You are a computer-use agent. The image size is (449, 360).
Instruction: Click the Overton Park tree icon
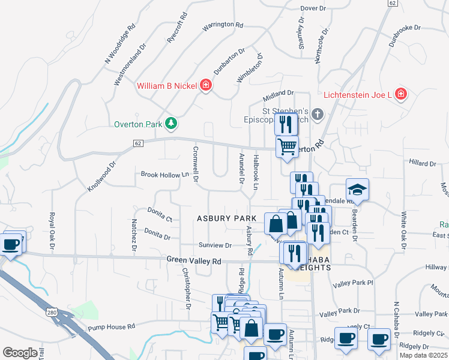(172, 124)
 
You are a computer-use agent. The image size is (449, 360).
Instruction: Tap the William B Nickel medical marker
(206, 86)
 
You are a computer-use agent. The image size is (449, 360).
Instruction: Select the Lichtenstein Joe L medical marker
(401, 94)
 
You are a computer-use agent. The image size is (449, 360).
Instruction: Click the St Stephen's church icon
(318, 113)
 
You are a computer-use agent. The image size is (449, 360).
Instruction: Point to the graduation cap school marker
(358, 190)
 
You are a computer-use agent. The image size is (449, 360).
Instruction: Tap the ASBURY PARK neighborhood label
(226, 218)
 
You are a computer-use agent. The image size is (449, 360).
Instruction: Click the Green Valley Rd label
(194, 261)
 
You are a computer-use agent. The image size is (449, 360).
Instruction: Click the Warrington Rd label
(222, 26)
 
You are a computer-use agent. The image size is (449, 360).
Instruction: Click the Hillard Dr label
(423, 163)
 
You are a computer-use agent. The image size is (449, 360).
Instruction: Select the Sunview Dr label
(215, 245)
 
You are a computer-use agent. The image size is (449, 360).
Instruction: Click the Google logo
(20, 353)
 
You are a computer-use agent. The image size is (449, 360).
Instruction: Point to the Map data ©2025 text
(424, 355)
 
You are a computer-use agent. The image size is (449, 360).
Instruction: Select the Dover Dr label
(312, 8)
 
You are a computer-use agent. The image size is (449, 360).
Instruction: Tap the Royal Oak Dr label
(52, 231)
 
